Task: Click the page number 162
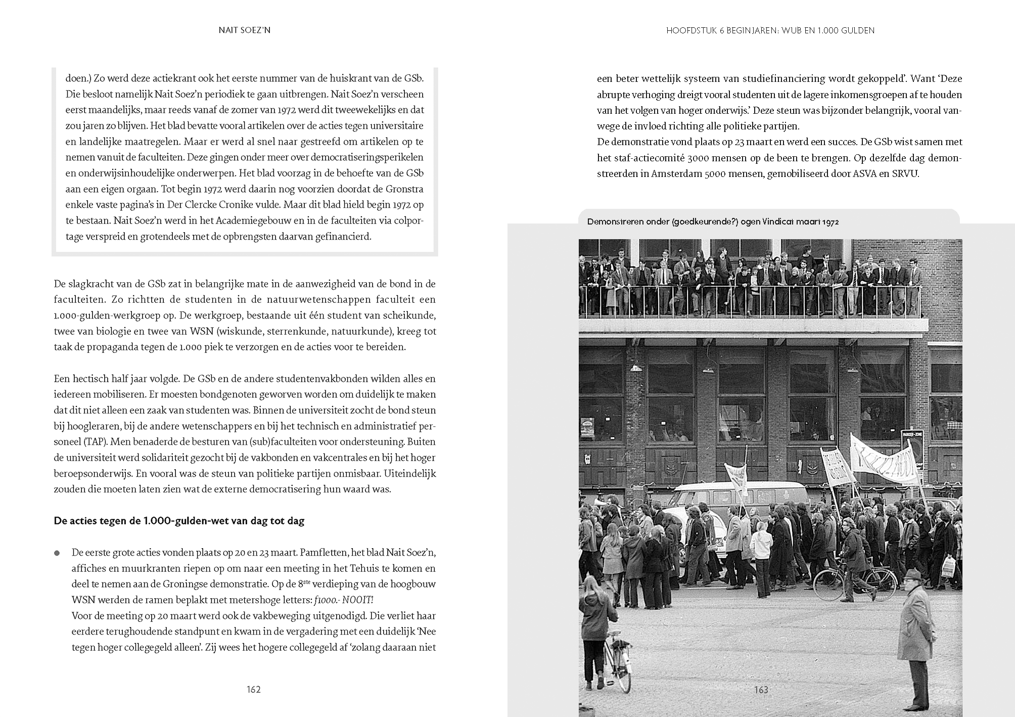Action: point(253,690)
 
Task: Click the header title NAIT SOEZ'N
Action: point(244,30)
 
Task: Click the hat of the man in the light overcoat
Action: point(912,574)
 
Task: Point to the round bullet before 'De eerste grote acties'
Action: point(57,553)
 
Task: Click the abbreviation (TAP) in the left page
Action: point(95,441)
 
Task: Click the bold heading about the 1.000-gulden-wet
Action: point(179,521)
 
